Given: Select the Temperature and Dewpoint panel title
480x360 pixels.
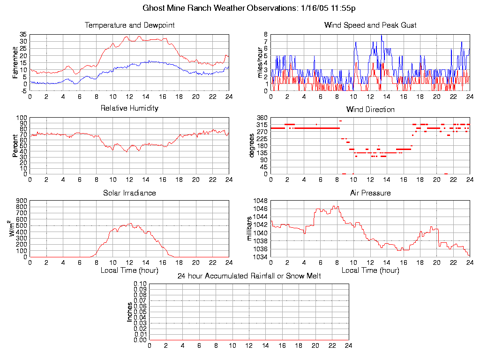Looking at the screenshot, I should click(x=129, y=25).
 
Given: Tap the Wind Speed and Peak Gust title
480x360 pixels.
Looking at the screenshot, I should click(x=370, y=25).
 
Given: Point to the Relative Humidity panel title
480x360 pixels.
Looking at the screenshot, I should click(x=129, y=108).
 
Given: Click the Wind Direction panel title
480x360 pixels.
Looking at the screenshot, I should click(x=370, y=110).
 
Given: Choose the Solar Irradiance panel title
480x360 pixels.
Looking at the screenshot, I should click(x=129, y=193).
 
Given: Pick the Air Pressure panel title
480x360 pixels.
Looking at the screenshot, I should click(x=370, y=193).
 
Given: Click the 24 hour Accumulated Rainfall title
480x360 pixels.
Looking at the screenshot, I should click(x=249, y=276).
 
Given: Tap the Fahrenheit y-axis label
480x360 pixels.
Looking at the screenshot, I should click(x=15, y=62).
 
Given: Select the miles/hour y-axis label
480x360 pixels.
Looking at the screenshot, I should click(x=255, y=62).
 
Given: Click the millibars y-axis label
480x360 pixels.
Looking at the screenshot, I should click(x=249, y=229).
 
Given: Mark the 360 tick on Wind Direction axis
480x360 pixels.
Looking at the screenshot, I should click(x=262, y=118).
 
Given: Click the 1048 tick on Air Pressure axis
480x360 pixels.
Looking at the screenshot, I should click(x=261, y=201).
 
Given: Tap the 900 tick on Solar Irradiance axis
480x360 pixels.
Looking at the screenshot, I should click(x=22, y=201).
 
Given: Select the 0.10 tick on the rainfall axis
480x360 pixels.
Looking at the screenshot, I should click(x=140, y=284).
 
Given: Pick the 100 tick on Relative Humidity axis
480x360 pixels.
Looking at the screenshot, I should click(x=22, y=118).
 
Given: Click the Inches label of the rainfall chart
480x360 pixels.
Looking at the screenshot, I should click(x=130, y=312).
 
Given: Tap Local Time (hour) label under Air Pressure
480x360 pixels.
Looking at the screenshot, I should click(x=370, y=270).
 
